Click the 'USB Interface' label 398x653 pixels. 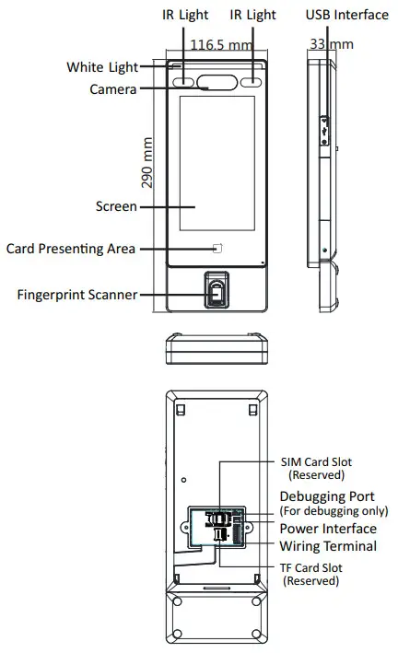[x=346, y=15]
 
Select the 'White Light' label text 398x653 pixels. [x=101, y=67]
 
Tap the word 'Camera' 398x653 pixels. [x=113, y=89]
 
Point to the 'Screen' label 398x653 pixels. [x=116, y=206]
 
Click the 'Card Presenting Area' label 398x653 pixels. [x=71, y=249]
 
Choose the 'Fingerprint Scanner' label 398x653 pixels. [x=77, y=295]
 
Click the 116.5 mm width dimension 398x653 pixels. [x=221, y=44]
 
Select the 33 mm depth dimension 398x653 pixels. [x=318, y=44]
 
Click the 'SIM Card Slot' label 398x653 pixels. [x=316, y=462]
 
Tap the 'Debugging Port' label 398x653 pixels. [x=326, y=496]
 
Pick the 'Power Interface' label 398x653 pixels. [x=328, y=529]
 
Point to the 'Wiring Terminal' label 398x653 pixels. [x=328, y=546]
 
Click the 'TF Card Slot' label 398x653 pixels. [x=311, y=568]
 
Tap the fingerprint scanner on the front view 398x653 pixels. [x=217, y=291]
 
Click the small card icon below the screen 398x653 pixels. [x=218, y=248]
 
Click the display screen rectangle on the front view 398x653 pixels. [x=217, y=163]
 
